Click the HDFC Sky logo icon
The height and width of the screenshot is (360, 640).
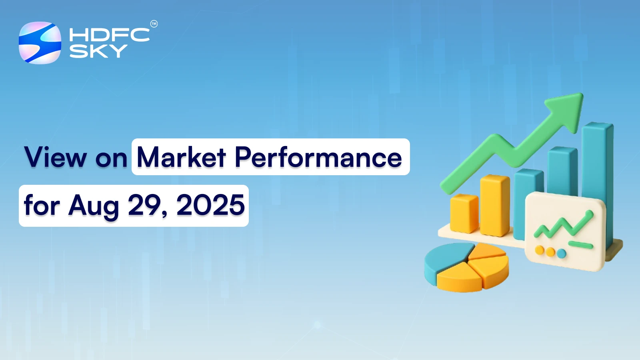pyautogui.click(x=40, y=43)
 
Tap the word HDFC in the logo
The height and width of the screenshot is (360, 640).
pyautogui.click(x=109, y=35)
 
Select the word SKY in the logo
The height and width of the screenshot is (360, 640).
pyautogui.click(x=98, y=51)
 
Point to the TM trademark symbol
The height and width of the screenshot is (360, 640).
pyautogui.click(x=154, y=24)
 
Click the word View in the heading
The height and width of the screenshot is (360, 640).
pyautogui.click(x=56, y=157)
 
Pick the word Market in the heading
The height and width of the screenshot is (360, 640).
pyautogui.click(x=182, y=157)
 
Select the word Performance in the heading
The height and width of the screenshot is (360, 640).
pyautogui.click(x=318, y=157)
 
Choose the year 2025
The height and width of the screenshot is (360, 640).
pyautogui.click(x=210, y=205)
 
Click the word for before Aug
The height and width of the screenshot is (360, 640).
pyautogui.click(x=42, y=205)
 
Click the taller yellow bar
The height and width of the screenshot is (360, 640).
pyautogui.click(x=494, y=205)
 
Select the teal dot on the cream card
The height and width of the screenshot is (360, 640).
pyautogui.click(x=562, y=253)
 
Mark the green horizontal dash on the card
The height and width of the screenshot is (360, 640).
pyautogui.click(x=580, y=244)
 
